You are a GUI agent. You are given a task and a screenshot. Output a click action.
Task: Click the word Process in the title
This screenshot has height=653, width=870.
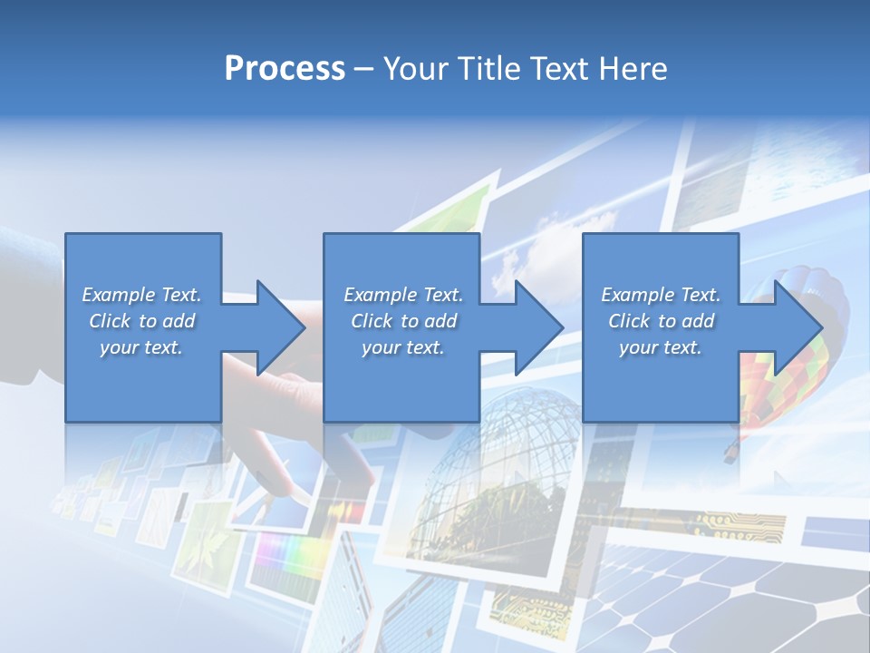285,69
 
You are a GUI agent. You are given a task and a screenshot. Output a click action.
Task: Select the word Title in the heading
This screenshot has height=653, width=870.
490,69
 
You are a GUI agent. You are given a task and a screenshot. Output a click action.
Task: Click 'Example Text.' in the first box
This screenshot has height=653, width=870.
141,295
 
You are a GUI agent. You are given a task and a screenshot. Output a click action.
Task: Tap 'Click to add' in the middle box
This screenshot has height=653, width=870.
403,321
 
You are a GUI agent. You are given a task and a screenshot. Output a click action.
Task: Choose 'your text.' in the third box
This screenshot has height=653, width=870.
660,347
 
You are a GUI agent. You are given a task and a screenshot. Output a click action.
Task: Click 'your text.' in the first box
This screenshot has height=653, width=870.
141,347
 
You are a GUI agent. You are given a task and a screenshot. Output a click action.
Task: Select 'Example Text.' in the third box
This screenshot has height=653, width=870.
661,295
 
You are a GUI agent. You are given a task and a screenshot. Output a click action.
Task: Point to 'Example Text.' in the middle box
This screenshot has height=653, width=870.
403,295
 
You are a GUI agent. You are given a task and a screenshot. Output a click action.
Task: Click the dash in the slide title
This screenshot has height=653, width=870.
364,70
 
